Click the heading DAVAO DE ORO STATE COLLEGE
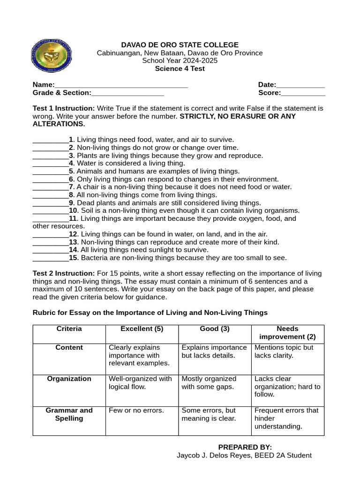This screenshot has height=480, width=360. [180, 45]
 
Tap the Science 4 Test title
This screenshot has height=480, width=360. [180, 68]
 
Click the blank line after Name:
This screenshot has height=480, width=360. [121, 86]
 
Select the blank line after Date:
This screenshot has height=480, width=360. [300, 86]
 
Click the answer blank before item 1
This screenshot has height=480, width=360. [50, 140]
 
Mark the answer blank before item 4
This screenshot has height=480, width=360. [50, 164]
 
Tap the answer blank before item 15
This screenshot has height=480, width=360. [50, 258]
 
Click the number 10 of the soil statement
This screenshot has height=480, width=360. [73, 210]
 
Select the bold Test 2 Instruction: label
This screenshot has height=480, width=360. [64, 273]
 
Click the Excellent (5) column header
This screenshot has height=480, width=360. [142, 329]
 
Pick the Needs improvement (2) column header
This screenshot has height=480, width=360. [287, 333]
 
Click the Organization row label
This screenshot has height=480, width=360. [69, 379]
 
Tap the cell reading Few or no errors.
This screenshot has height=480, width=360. [136, 411]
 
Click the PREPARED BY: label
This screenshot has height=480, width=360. [245, 447]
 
